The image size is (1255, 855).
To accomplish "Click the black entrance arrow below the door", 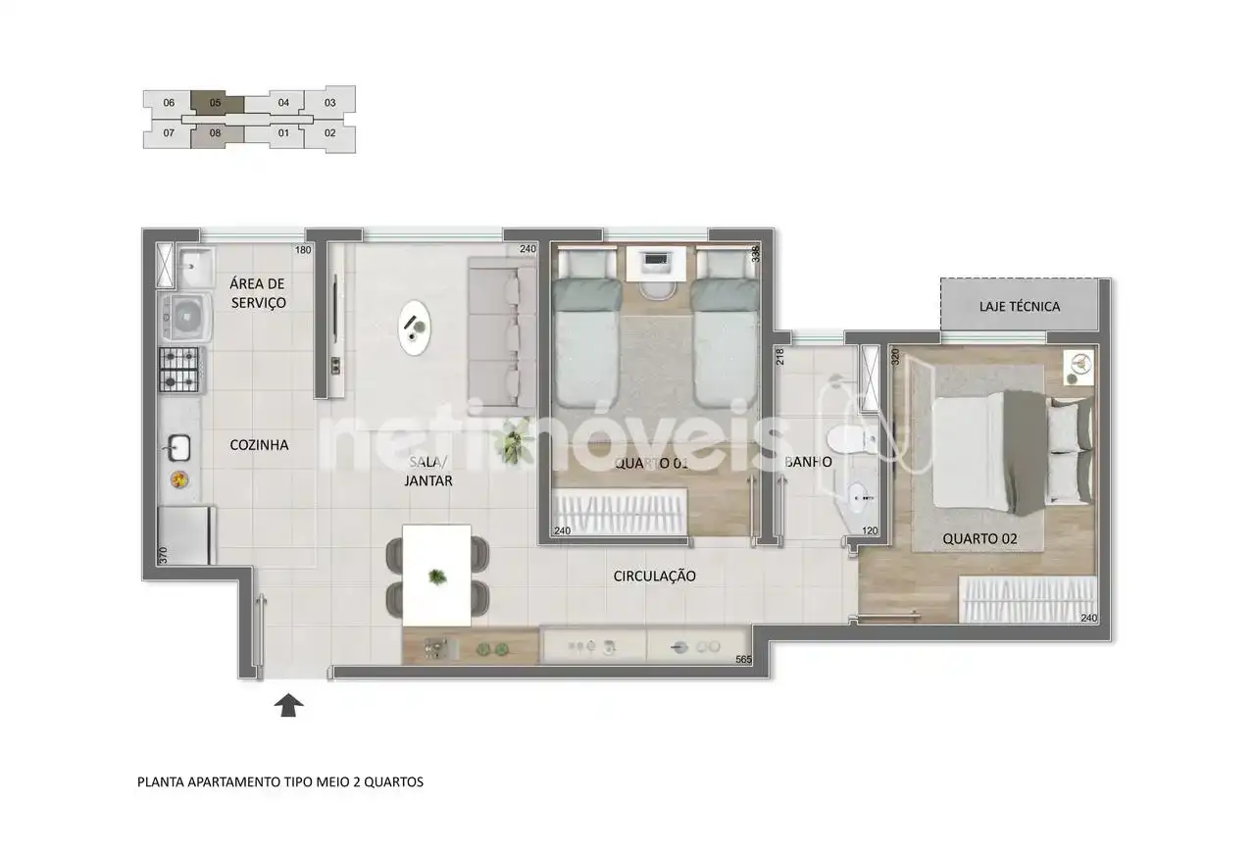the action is (x=288, y=705).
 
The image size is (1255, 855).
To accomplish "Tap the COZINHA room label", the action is (x=259, y=445).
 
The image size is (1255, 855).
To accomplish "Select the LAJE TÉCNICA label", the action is (x=1019, y=307).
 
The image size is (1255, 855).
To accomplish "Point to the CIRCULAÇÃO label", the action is (x=654, y=576).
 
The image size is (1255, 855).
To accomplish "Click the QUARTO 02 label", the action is (x=979, y=538).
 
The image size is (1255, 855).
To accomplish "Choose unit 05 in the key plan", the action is (x=215, y=103).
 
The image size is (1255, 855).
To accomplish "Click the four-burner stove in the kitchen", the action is (x=179, y=370).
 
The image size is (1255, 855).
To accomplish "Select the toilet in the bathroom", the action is (x=850, y=440).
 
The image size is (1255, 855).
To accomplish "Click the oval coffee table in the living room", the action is (x=415, y=327).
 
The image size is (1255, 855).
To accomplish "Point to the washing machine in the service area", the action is (x=186, y=317).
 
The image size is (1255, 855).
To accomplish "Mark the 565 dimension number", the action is (x=743, y=660).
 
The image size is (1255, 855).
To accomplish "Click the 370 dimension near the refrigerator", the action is (x=163, y=555).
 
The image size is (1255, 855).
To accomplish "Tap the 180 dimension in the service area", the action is (x=303, y=250).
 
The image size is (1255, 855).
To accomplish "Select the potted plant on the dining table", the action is (x=437, y=576).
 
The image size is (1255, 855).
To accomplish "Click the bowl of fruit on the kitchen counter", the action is (x=179, y=479).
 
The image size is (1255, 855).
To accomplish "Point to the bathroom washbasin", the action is (x=856, y=496).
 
